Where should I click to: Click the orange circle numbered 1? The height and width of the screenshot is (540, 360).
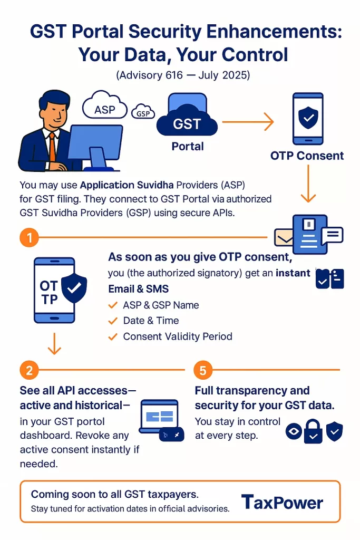coord(30,238)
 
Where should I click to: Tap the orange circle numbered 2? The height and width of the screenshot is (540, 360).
coord(30,370)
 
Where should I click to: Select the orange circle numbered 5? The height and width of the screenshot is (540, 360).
coord(202,370)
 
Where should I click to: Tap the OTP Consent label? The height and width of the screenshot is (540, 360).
coord(307,156)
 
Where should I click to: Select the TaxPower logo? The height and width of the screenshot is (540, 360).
coord(282,502)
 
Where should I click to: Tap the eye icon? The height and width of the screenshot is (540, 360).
coord(293,431)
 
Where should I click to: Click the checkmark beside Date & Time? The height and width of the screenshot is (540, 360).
coord(112,321)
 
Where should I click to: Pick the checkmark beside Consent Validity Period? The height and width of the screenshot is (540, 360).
coord(112,336)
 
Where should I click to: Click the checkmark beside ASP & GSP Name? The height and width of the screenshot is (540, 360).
coord(112,305)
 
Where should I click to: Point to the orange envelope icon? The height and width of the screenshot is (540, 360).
coord(285,238)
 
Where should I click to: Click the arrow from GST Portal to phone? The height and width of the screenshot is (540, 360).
coord(247,123)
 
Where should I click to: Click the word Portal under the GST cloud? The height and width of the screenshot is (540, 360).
coord(188,146)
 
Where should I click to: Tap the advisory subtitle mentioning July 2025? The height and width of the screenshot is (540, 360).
coord(182,75)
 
